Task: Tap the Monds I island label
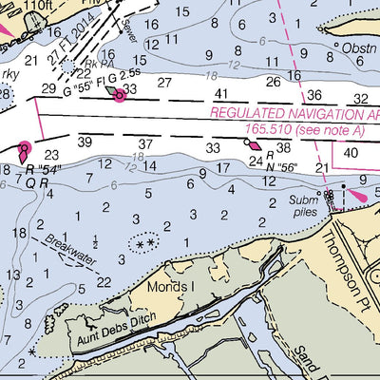(170, 286)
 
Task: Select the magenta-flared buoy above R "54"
(23, 148)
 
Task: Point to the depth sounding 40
(351, 151)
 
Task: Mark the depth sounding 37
(145, 143)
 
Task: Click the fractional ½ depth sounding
(95, 241)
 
